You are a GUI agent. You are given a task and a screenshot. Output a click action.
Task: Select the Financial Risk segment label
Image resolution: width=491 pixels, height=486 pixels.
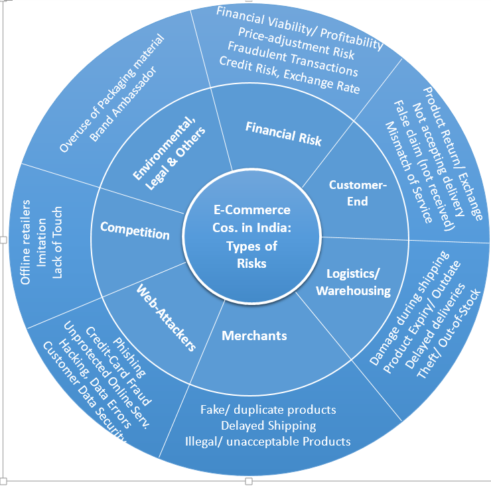(x=283, y=133)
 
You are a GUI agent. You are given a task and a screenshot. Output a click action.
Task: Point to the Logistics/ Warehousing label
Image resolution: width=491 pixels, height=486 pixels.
(x=353, y=282)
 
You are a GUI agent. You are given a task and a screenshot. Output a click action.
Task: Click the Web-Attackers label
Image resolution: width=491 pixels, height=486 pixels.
(x=167, y=317)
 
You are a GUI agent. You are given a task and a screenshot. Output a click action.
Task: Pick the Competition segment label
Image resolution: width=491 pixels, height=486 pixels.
(x=135, y=231)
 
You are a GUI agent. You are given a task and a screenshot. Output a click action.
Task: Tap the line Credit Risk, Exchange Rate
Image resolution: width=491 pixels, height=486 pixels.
(x=289, y=76)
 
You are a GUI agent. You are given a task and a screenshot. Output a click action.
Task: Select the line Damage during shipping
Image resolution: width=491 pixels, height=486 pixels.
(x=409, y=308)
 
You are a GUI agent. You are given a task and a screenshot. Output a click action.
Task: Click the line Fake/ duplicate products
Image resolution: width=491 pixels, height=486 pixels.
(x=268, y=410)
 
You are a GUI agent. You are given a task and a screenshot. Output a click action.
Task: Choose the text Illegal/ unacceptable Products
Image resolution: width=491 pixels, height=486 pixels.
(x=268, y=441)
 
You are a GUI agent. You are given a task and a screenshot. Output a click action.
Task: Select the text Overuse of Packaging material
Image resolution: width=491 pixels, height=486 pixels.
(x=111, y=93)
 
